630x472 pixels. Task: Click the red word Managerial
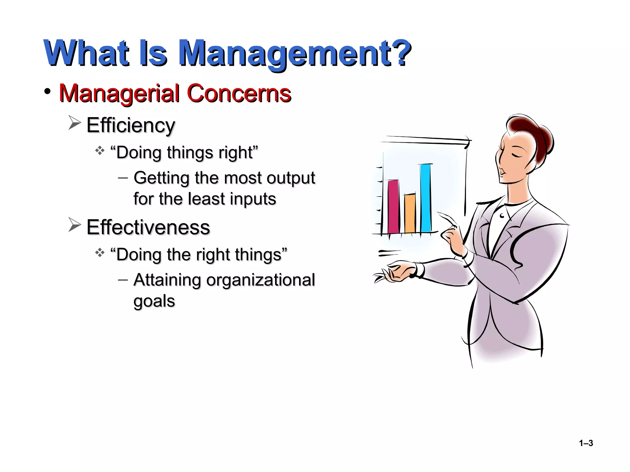tap(119, 94)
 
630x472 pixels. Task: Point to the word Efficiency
tap(131, 126)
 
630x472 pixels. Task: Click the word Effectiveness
tap(148, 227)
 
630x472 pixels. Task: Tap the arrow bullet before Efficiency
tap(74, 123)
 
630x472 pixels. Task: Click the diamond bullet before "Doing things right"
tap(100, 151)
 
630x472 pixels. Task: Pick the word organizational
tap(261, 280)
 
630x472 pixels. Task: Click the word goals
tap(154, 301)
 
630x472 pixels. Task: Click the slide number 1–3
tap(586, 443)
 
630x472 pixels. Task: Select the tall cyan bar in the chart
tap(426, 198)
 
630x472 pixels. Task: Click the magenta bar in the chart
tap(393, 206)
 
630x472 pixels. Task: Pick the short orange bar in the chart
tap(410, 213)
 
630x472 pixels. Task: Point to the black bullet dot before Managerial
tap(47, 92)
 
